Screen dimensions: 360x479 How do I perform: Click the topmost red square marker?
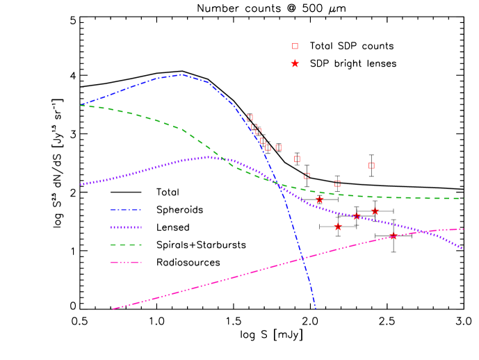[x=295, y=46]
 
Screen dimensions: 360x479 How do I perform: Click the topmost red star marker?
[x=295, y=63]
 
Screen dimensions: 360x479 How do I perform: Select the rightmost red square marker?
[x=371, y=165]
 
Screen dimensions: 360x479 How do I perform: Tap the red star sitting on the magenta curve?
[x=393, y=236]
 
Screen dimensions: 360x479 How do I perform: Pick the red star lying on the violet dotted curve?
[x=357, y=216]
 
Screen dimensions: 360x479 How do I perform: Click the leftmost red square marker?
[x=250, y=117]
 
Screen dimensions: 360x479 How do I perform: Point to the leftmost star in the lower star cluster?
[x=319, y=199]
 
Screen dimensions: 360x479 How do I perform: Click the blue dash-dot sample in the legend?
[x=126, y=210]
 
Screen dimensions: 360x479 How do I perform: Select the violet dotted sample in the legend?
[x=126, y=227]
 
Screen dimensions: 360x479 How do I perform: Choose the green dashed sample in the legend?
[x=126, y=245]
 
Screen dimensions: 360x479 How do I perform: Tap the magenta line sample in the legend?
[x=126, y=263]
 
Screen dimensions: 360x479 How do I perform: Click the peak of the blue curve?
[x=181, y=74]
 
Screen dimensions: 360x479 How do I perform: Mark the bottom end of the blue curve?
[x=316, y=309]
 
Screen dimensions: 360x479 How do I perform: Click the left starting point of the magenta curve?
[x=113, y=309]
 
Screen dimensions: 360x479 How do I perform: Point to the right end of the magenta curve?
[x=463, y=229]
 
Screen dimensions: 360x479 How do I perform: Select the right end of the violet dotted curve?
[x=463, y=248]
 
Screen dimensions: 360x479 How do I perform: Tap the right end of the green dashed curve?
[x=463, y=199]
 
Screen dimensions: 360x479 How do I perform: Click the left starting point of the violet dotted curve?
[x=81, y=185]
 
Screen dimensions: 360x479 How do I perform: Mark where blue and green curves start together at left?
[x=81, y=105]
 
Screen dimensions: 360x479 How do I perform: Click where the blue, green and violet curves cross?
[x=277, y=183]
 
